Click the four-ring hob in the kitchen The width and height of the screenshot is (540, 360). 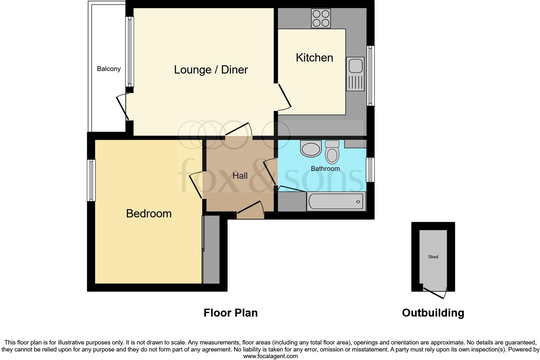coord(321,18)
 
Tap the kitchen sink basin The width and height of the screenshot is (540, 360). coord(355,66)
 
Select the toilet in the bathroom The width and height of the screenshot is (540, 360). coord(332,153)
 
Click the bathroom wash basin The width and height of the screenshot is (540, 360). coord(311,149)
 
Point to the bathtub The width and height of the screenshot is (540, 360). coord(336,202)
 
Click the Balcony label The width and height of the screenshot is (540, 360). coord(109,69)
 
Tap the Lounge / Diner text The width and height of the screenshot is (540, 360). coord(211,70)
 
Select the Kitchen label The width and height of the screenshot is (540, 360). coord(314,58)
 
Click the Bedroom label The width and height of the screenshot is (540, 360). coord(149,214)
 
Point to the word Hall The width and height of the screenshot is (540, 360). coord(240,176)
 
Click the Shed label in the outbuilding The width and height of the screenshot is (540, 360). coord(433,257)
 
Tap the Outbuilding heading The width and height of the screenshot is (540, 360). coord(433,313)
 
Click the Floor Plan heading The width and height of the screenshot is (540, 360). coord(230,313)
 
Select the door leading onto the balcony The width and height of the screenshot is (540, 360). coord(122,108)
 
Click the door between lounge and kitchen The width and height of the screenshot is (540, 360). coord(284,95)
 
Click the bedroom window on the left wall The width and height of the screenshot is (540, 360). coord(91,180)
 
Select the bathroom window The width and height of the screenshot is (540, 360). coord(370,170)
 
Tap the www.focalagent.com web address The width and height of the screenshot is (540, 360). coord(270,356)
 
